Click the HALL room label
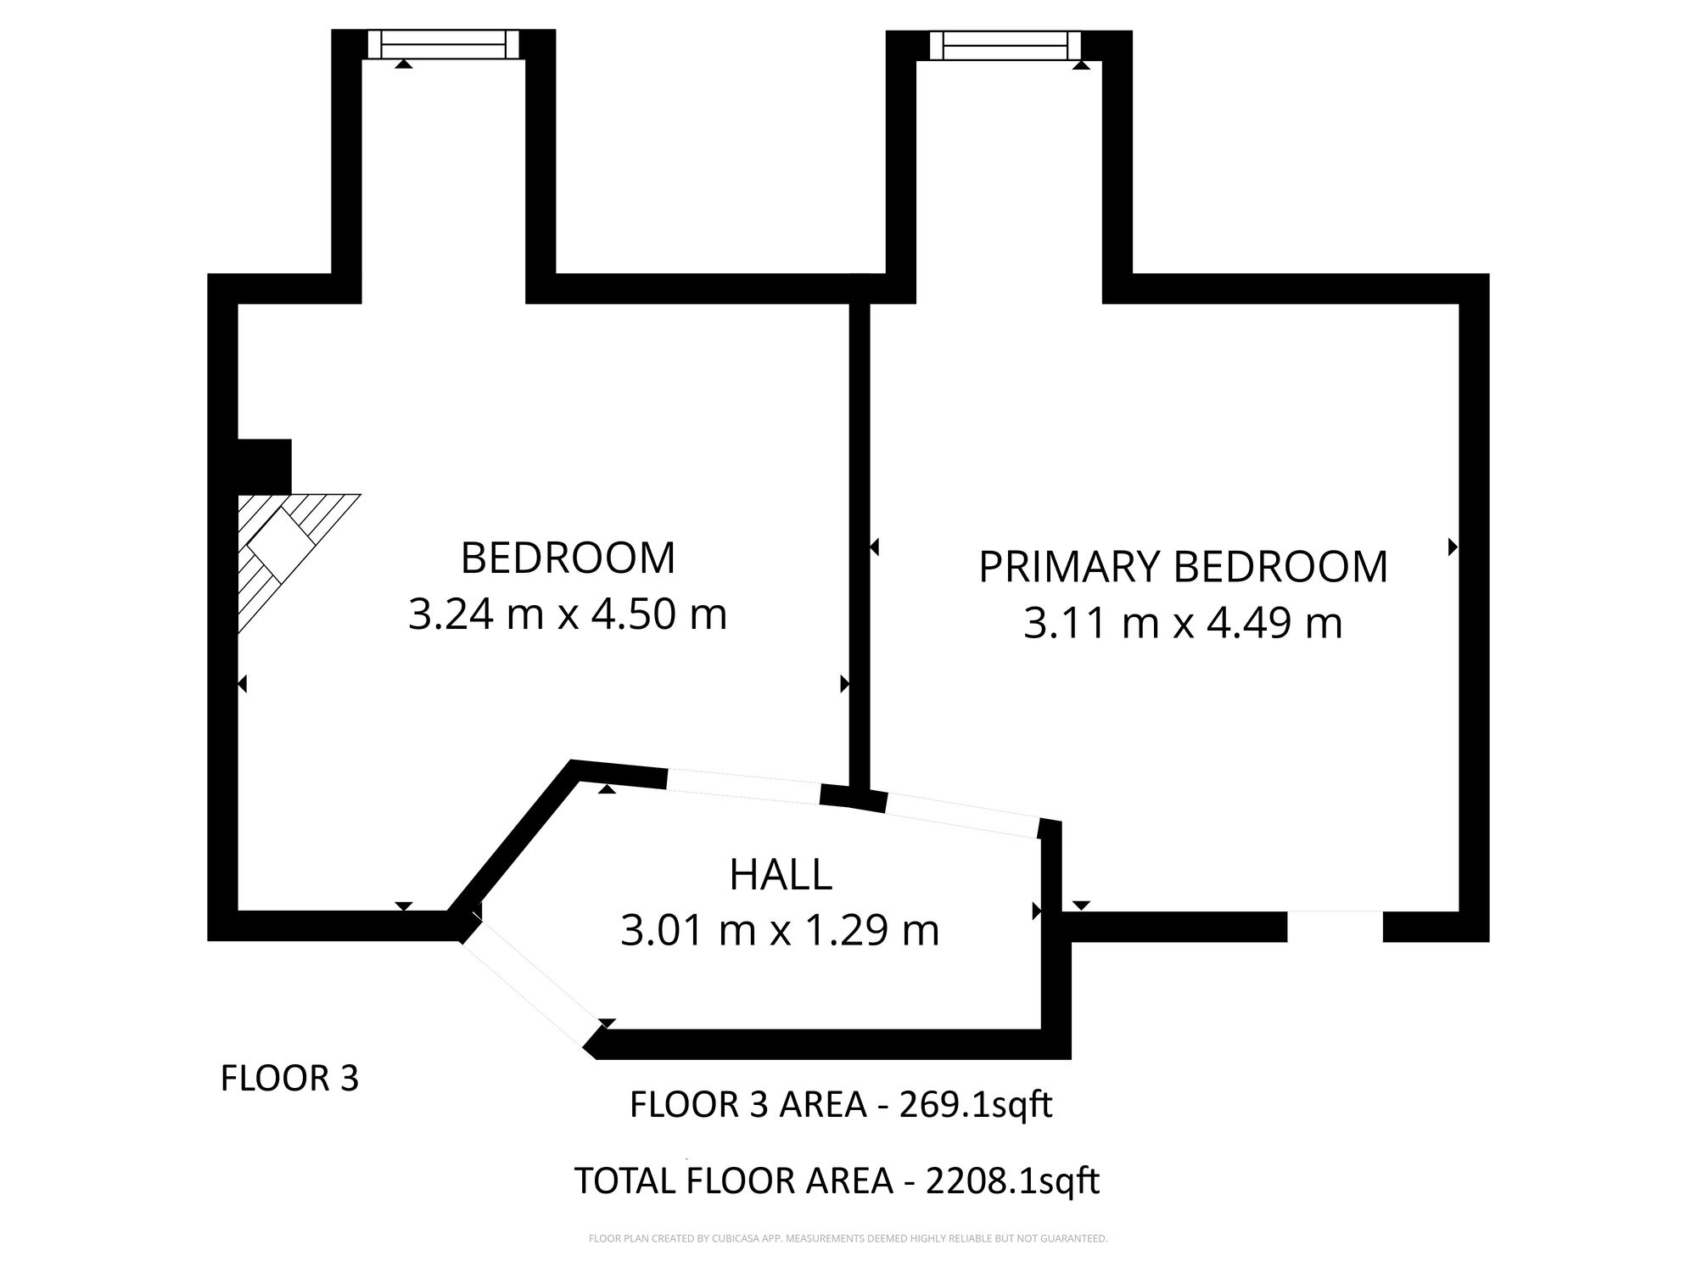point(781,875)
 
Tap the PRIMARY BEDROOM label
point(1183,567)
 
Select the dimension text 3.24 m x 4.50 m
point(568,614)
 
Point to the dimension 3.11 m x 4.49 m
point(1183,623)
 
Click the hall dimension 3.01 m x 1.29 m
point(780,930)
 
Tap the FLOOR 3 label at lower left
point(290,1079)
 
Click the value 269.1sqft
point(976,1105)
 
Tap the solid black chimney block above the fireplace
point(264,466)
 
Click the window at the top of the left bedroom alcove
point(444,44)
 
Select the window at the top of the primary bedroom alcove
point(1005,44)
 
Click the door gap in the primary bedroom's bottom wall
point(1335,926)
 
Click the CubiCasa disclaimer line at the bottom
point(848,1239)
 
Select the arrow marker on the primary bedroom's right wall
point(1453,547)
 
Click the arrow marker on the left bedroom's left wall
point(243,683)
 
